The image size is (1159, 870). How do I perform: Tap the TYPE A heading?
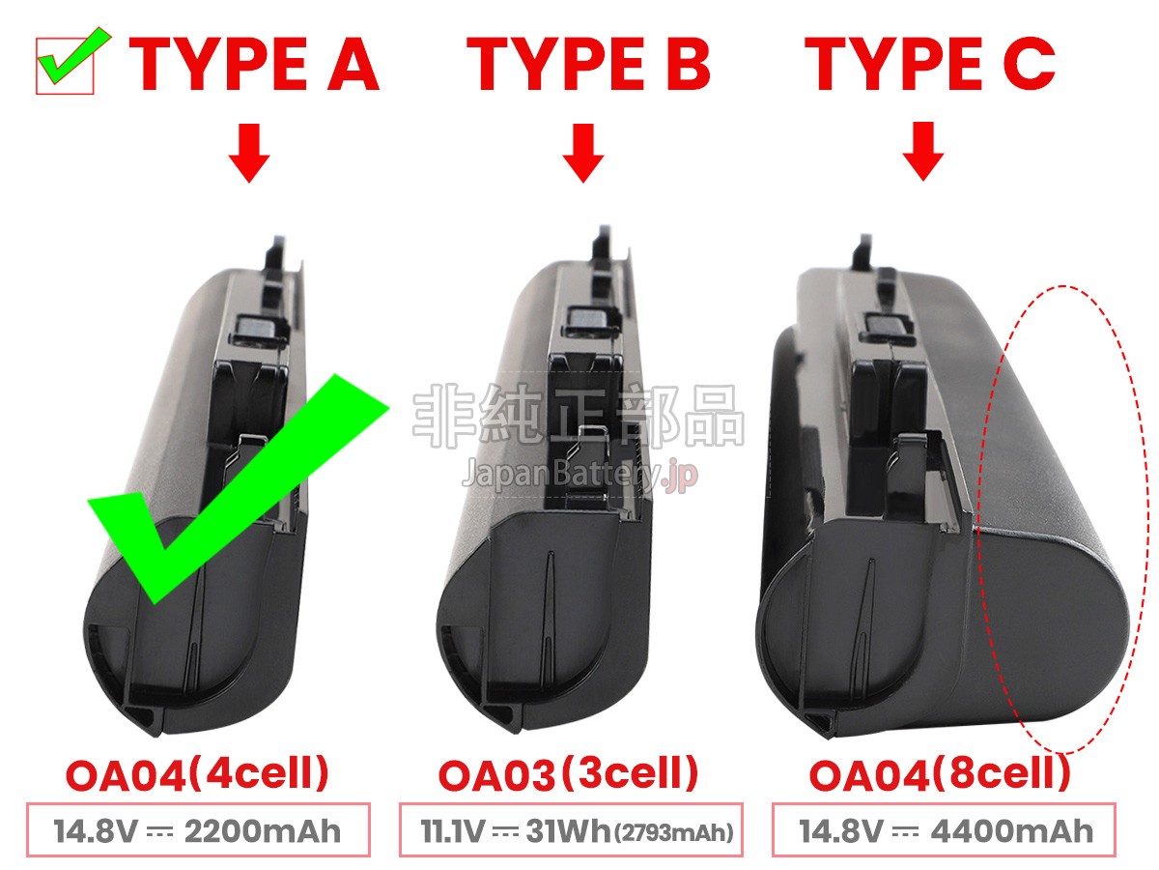(254, 65)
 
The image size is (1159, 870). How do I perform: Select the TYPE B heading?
(587, 65)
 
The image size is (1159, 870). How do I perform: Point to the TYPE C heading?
(929, 65)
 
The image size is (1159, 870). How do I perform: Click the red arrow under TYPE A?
(249, 153)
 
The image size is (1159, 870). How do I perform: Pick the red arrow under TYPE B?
(583, 153)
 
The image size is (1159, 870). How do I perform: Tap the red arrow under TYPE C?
(923, 152)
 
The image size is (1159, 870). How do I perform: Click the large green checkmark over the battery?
(238, 488)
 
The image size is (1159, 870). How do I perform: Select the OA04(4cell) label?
(197, 774)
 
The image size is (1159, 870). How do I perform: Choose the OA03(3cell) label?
(568, 774)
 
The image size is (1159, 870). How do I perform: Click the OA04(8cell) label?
(940, 774)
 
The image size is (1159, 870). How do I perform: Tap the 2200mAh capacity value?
(263, 831)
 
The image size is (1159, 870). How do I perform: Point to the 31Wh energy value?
(568, 831)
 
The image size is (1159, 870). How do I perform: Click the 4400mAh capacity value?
(1011, 831)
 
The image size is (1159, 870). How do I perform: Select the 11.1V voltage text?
(452, 831)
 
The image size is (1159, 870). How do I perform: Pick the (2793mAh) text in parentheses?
(674, 833)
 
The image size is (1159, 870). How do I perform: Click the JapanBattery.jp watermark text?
(579, 474)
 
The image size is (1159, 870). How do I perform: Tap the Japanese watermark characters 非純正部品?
(579, 416)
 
